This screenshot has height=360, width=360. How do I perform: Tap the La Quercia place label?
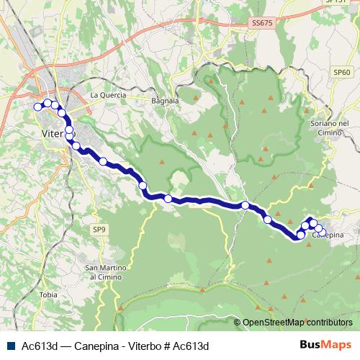108,95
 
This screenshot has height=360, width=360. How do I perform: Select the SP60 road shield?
341,73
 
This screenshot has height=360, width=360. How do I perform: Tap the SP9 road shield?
99,229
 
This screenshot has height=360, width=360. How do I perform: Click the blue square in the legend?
11,346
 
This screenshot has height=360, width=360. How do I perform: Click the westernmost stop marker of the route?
38,107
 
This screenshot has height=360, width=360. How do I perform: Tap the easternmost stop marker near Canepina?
320,230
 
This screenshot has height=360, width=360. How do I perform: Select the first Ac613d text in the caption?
40,346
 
